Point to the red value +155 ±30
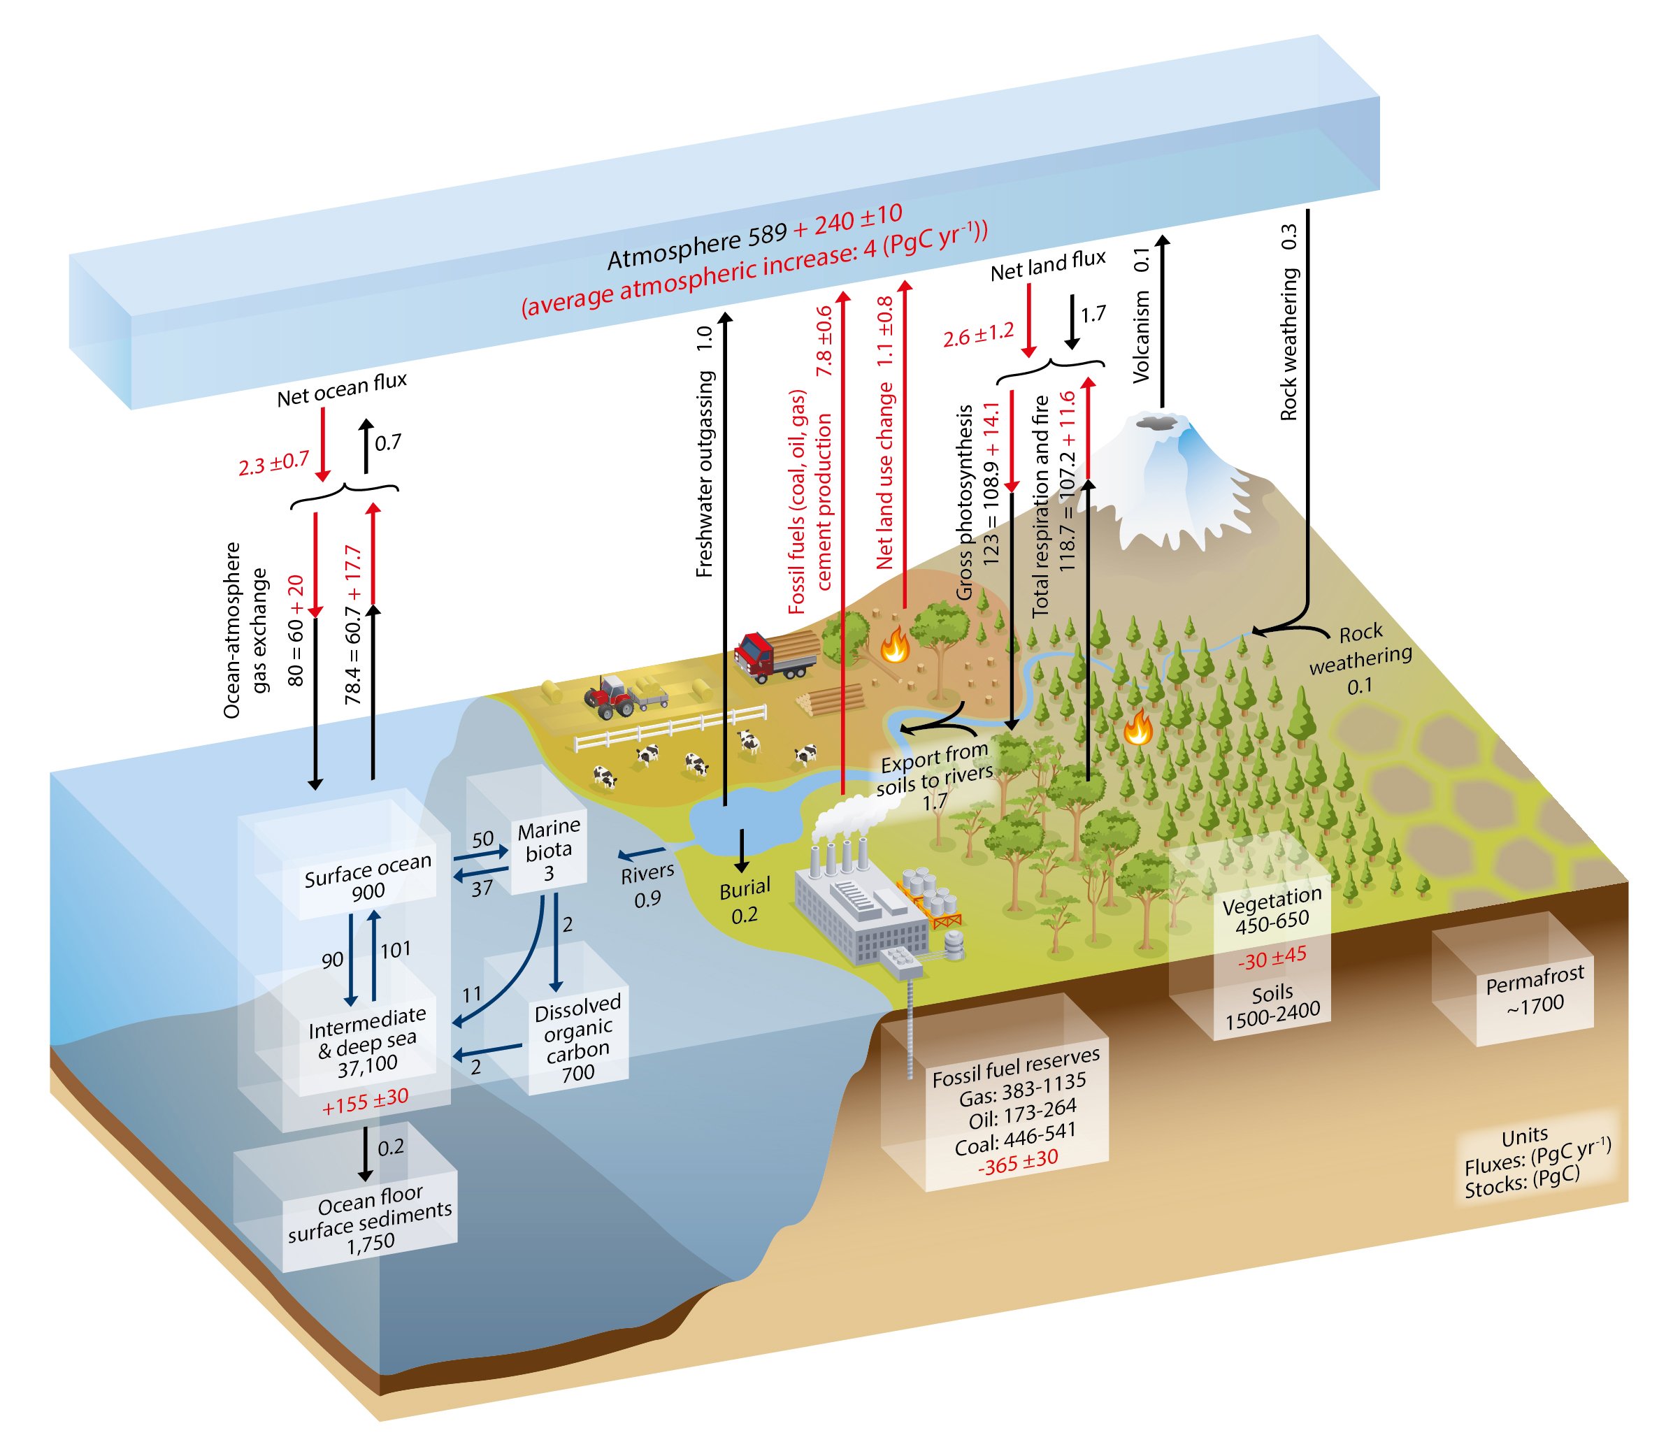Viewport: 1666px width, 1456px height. pyautogui.click(x=366, y=1101)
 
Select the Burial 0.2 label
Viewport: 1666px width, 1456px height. pyautogui.click(x=744, y=900)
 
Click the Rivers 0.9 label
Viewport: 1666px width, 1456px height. pyautogui.click(x=647, y=884)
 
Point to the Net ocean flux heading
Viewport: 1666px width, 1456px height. pyautogui.click(x=341, y=389)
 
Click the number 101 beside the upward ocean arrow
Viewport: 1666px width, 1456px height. pyautogui.click(x=395, y=949)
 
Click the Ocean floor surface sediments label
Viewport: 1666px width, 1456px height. pyautogui.click(x=370, y=1217)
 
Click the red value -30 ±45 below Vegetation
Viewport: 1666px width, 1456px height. pyautogui.click(x=1272, y=957)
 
